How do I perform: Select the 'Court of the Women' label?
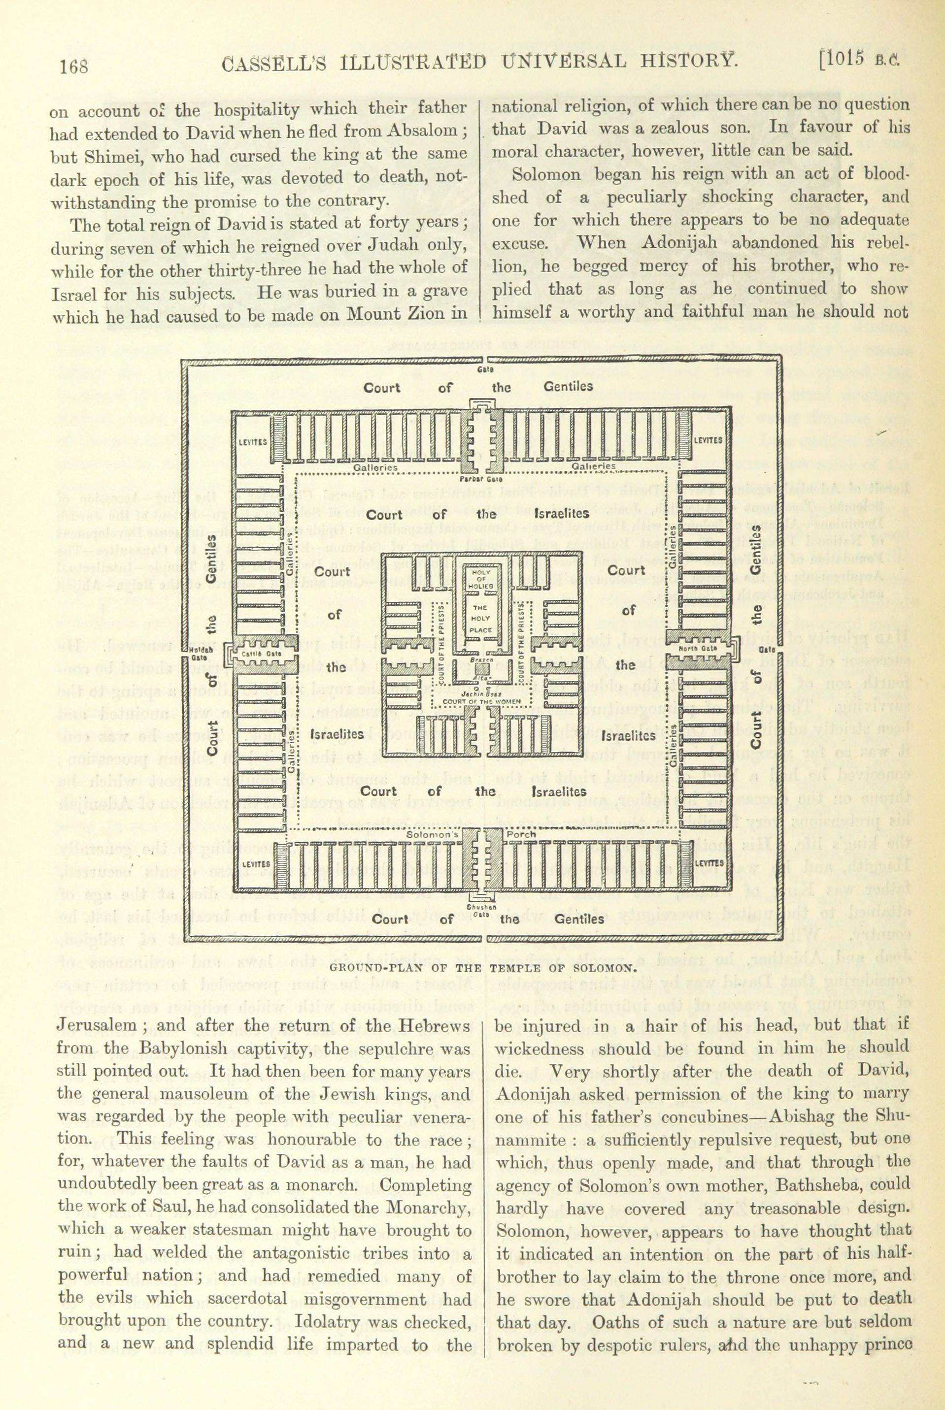point(485,702)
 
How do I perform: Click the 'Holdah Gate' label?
point(197,654)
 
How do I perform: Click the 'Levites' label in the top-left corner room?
point(253,441)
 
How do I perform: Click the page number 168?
point(74,65)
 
